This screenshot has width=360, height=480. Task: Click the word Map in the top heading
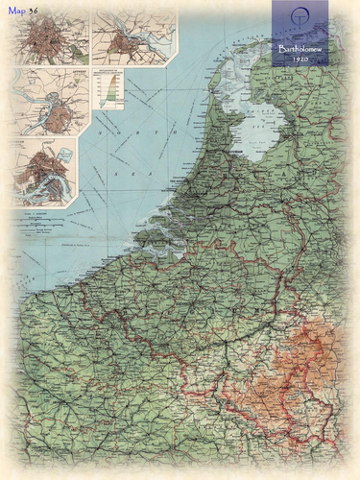[x=15, y=10]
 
